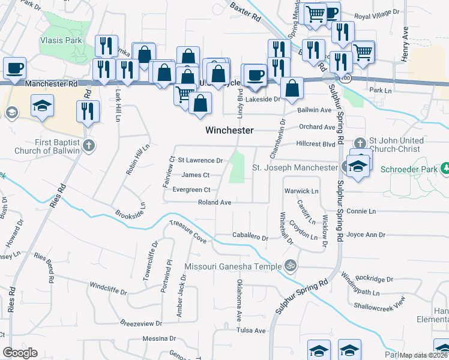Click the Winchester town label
pyautogui.click(x=229, y=130)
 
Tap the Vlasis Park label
pyautogui.click(x=61, y=41)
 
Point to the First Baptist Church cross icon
pyautogui.click(x=88, y=145)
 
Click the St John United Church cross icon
pyautogui.click(x=360, y=143)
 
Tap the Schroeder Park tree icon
pyautogui.click(x=445, y=167)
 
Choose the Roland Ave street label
pyautogui.click(x=215, y=203)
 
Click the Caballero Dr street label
pyautogui.click(x=250, y=238)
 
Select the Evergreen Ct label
pyautogui.click(x=191, y=190)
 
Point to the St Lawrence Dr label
pyautogui.click(x=200, y=161)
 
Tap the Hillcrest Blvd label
pyautogui.click(x=316, y=144)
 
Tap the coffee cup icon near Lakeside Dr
pyautogui.click(x=256, y=74)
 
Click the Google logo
pyautogui.click(x=20, y=353)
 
